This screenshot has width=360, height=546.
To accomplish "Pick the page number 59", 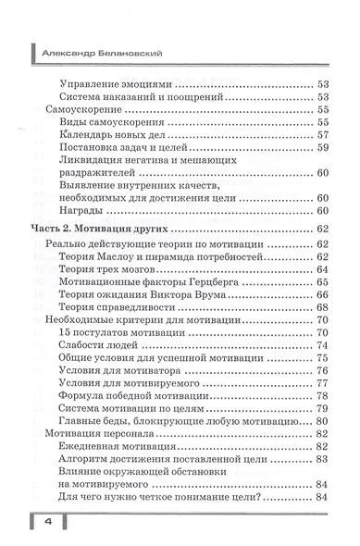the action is click(x=323, y=147).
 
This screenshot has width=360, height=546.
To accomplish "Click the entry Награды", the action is click(x=80, y=210).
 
